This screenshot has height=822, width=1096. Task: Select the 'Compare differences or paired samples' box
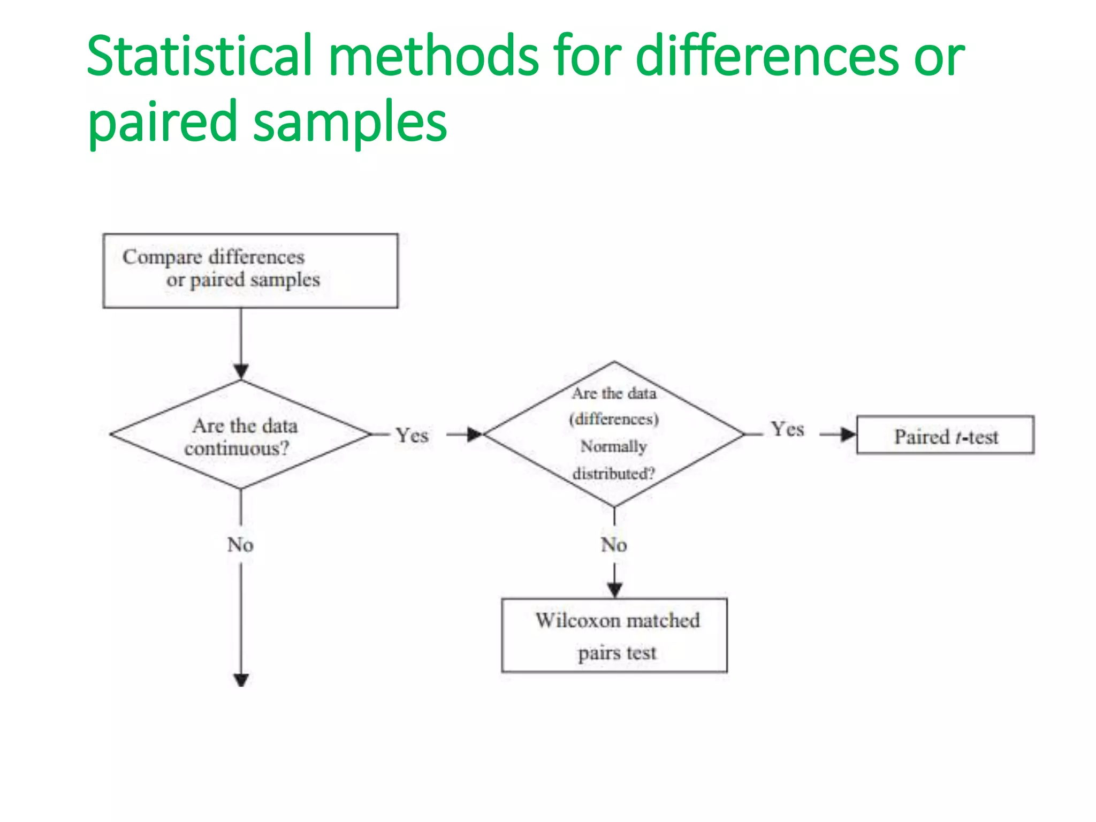[250, 271]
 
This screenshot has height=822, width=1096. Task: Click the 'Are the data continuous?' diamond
[241, 435]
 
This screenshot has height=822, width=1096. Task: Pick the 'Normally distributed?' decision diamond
[614, 433]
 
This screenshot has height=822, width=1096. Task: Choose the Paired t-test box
[945, 435]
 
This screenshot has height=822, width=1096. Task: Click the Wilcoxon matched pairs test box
[614, 635]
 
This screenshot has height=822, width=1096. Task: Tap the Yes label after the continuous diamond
[412, 435]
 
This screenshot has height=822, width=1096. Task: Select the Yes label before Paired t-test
[787, 429]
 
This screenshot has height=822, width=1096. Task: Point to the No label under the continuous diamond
[240, 545]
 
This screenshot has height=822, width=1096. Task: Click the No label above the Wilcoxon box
[614, 545]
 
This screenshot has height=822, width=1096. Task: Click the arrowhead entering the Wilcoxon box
[614, 590]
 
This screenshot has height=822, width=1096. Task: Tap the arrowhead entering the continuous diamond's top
[241, 371]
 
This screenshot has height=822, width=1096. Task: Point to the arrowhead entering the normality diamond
[475, 435]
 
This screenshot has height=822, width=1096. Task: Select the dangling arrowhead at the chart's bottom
[241, 680]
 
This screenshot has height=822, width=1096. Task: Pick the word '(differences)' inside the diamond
[614, 419]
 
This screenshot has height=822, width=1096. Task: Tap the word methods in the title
[433, 56]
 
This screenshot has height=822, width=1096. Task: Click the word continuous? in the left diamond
[237, 448]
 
